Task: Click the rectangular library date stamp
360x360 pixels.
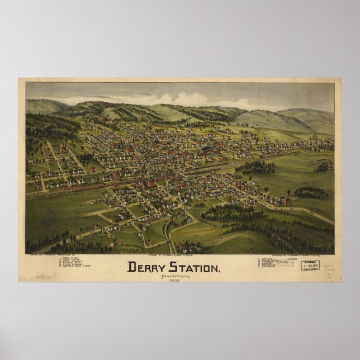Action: [x=310, y=266]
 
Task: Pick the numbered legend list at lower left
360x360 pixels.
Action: [x=73, y=263]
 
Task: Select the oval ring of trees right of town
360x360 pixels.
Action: [x=310, y=192]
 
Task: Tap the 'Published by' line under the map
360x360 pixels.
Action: [x=280, y=256]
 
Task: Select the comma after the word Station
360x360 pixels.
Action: [x=220, y=271]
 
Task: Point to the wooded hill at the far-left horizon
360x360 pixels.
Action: [x=45, y=106]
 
